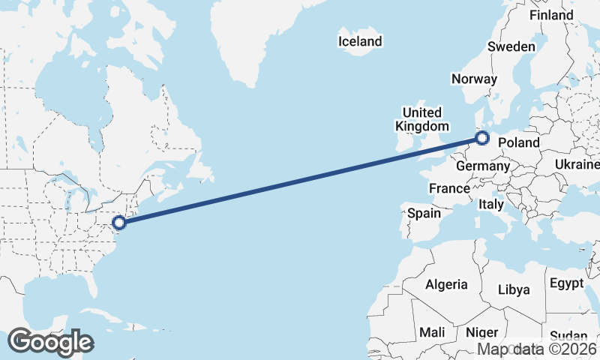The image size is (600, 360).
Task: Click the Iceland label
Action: pyautogui.click(x=360, y=41)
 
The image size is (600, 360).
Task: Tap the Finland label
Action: pyautogui.click(x=551, y=15)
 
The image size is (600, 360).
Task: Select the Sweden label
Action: pyautogui.click(x=511, y=46)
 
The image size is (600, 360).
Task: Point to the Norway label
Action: pyautogui.click(x=474, y=79)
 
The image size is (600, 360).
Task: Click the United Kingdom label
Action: pyautogui.click(x=423, y=119)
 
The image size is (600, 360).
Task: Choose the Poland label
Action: pyautogui.click(x=519, y=142)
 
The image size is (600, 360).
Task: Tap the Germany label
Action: pyautogui.click(x=482, y=166)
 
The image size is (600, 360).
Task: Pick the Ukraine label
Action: pyautogui.click(x=578, y=164)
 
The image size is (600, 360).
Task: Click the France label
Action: pyautogui.click(x=449, y=188)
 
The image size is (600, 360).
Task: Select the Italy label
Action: pyautogui.click(x=491, y=204)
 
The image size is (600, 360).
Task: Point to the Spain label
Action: pyautogui.click(x=424, y=214)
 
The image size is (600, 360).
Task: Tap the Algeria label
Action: pyautogui.click(x=446, y=284)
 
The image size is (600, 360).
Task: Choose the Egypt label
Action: pyautogui.click(x=566, y=283)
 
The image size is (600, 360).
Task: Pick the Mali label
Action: pyautogui.click(x=432, y=331)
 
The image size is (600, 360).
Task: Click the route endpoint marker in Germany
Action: pyautogui.click(x=482, y=138)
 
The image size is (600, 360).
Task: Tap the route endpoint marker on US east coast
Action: pyautogui.click(x=119, y=222)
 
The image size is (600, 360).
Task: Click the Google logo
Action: pyautogui.click(x=50, y=342)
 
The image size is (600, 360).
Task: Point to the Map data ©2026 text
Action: pyautogui.click(x=538, y=349)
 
